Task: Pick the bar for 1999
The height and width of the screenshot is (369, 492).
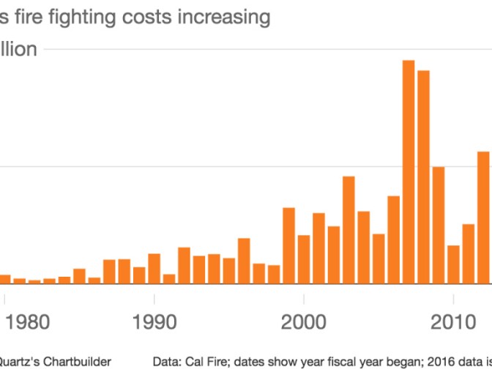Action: coord(288,246)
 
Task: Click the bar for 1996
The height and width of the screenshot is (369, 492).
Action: coord(244,261)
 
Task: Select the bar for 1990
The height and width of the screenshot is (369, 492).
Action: coord(154,269)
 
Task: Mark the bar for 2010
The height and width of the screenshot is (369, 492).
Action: coord(454,264)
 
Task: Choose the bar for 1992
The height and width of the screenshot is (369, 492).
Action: coord(184,266)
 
